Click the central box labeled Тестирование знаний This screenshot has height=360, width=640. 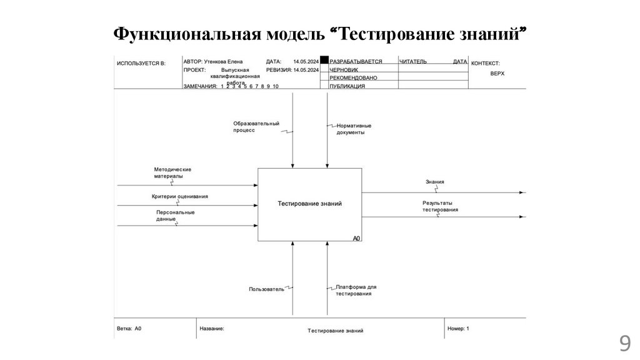(309, 204)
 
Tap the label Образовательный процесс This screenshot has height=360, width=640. (256, 127)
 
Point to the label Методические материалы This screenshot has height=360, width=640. (172, 172)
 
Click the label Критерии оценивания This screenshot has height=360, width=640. (179, 196)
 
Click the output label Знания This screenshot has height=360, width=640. (435, 182)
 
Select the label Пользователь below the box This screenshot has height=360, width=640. (266, 289)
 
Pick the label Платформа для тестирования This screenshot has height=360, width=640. (356, 290)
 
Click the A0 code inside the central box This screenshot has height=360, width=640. (356, 238)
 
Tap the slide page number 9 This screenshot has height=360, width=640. (624, 344)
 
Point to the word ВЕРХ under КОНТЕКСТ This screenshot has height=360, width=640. (497, 73)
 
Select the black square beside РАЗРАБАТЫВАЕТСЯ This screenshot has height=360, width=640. (324, 61)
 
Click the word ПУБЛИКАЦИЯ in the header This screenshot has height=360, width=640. (347, 86)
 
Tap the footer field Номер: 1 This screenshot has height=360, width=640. (458, 328)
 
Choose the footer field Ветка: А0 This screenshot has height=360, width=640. (129, 328)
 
